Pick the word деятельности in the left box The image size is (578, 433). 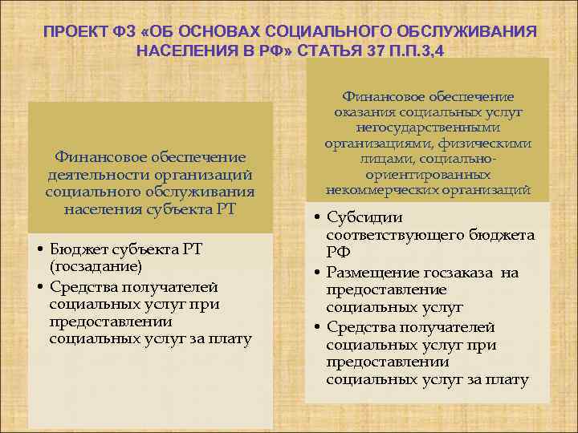[91, 176]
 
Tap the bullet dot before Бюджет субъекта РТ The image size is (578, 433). [40, 249]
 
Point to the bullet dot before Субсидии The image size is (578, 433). [318, 218]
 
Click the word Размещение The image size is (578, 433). [377, 273]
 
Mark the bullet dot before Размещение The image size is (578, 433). [318, 273]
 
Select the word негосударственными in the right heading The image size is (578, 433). [428, 127]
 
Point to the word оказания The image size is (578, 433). [361, 112]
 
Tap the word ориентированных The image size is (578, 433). [428, 174]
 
